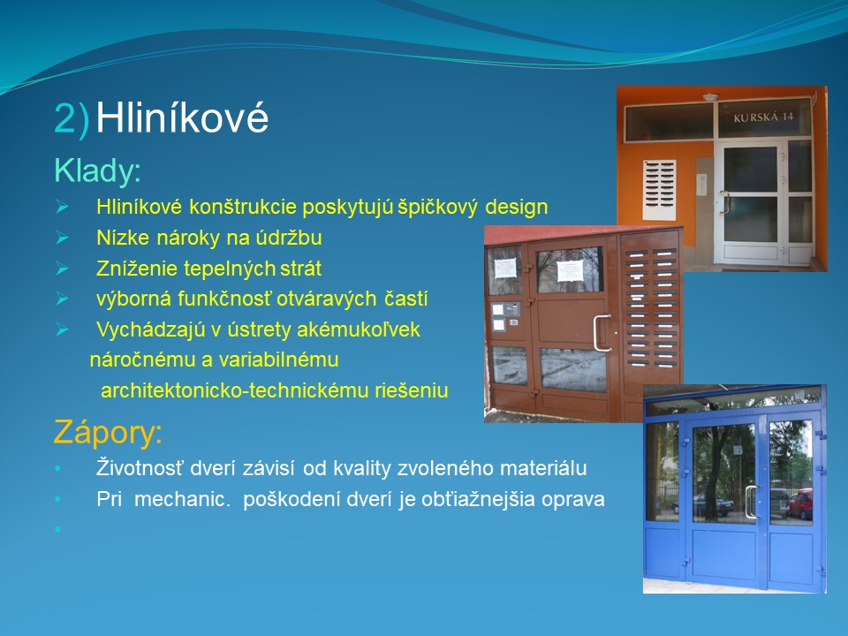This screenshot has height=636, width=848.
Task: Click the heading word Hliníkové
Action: [182, 117]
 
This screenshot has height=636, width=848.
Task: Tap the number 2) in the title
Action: [72, 118]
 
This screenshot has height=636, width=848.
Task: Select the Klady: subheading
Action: [97, 170]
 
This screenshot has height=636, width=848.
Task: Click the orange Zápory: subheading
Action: [108, 433]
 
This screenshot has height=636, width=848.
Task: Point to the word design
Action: [517, 207]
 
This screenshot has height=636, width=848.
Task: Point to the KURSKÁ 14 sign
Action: [763, 117]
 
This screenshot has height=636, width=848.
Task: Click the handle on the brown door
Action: [602, 333]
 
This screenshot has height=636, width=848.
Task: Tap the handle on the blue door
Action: [751, 502]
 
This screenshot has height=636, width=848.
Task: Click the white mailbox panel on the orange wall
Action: [659, 190]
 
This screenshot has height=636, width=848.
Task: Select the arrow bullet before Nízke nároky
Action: [62, 238]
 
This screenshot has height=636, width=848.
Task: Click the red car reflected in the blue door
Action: [800, 504]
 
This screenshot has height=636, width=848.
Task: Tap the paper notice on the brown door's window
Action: [570, 271]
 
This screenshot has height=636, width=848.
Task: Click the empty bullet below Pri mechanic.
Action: [57, 528]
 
